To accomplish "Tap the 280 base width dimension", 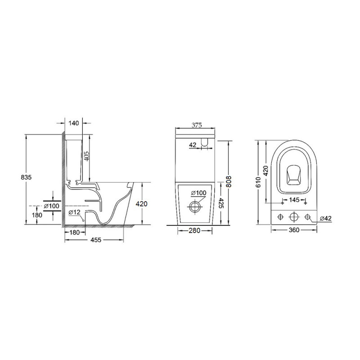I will pos(194,231).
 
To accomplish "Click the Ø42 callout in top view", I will pos(325,218).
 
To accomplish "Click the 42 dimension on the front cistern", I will pos(193,144).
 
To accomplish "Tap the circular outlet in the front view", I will pos(195,207).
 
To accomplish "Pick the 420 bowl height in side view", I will pos(141,204).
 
